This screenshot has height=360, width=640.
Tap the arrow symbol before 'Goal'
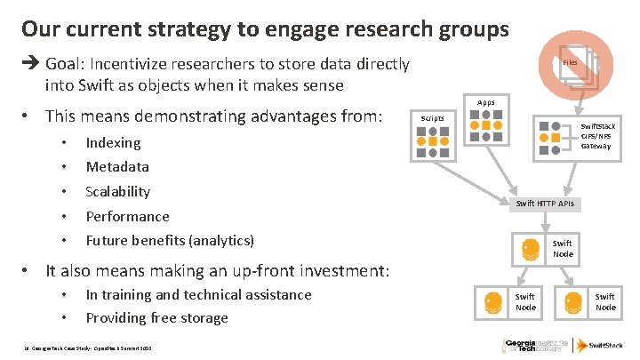29,64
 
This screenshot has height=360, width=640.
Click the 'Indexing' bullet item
113,142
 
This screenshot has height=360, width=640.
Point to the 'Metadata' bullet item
117,166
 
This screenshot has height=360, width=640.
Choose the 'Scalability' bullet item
117,191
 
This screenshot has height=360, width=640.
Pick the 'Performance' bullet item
127,216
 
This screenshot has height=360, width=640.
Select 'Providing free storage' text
156,317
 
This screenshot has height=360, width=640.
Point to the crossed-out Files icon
572,65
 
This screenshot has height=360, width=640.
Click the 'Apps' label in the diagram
486,102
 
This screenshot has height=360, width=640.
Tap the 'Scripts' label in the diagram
432,118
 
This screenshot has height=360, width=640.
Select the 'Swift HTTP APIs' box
545,204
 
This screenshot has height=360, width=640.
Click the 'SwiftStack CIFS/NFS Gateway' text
597,136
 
